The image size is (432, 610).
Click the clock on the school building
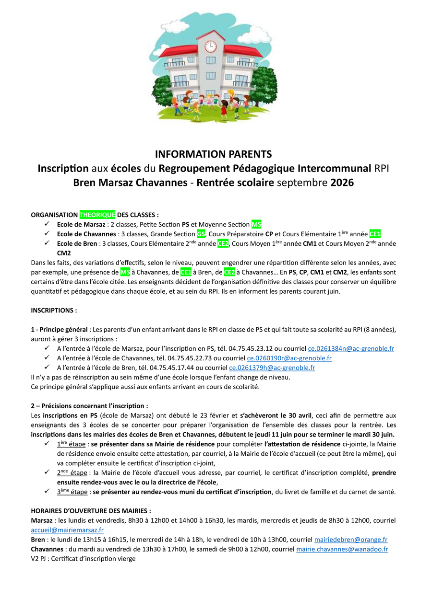point(210,46)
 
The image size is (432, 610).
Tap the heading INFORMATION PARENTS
point(213,154)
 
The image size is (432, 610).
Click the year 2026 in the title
point(342,183)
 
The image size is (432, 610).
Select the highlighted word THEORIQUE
point(97,215)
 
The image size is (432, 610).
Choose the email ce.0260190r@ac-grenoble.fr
point(289,358)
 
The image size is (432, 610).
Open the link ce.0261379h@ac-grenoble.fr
point(272,368)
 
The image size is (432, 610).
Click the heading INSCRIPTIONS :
point(54,310)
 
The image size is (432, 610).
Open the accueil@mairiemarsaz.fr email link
point(67,530)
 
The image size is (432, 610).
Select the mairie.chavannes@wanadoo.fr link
point(342,549)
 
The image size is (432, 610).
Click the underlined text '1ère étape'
point(71,444)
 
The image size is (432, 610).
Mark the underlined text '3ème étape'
point(72,492)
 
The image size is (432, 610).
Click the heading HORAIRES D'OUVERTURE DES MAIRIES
point(91,511)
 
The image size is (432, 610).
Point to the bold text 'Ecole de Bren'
point(77,243)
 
